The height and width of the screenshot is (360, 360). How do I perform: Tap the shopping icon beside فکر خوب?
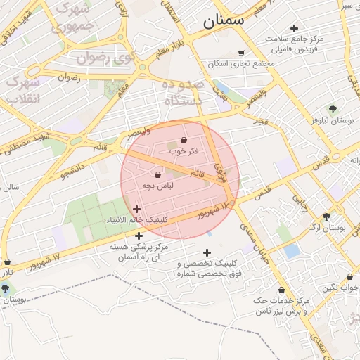pos(184,141)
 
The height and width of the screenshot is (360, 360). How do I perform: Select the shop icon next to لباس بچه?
pos(157,174)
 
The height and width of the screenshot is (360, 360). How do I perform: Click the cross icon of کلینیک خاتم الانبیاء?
pos(136,209)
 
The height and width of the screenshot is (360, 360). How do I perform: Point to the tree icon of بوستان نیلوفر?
pos(333,109)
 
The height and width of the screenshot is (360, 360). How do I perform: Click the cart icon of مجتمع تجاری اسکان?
pos(242,53)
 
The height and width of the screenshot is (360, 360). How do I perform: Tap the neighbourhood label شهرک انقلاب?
pos(23,90)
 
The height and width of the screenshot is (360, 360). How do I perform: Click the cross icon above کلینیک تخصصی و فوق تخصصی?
pos(207,253)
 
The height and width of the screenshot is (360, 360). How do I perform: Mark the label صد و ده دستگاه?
pos(183,92)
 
